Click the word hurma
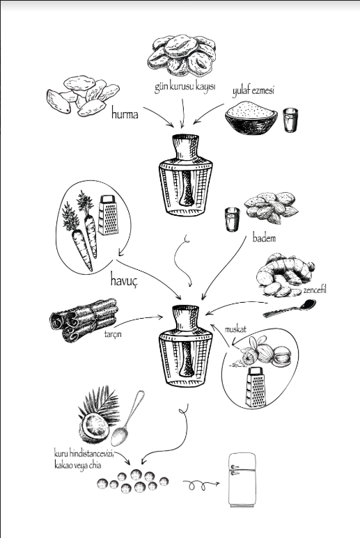[125, 113]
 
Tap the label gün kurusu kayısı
[185, 86]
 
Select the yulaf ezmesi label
[253, 91]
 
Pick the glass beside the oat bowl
[290, 120]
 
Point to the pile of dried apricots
[182, 55]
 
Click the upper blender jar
[185, 175]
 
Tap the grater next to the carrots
[108, 215]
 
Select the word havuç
[124, 280]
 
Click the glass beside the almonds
[233, 220]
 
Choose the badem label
[264, 238]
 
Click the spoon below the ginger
[290, 308]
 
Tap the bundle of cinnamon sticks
[84, 319]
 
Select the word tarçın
[113, 334]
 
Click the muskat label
[235, 329]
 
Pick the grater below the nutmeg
[256, 387]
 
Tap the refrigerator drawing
[242, 480]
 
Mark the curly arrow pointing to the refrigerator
[201, 485]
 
